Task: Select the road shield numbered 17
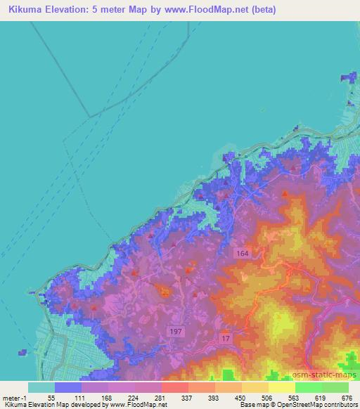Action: (226, 339)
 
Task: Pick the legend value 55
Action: (51, 398)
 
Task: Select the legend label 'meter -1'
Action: (15, 398)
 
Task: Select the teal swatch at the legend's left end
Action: (41, 387)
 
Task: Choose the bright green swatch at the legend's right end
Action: (335, 387)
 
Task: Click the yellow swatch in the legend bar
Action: (281, 387)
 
